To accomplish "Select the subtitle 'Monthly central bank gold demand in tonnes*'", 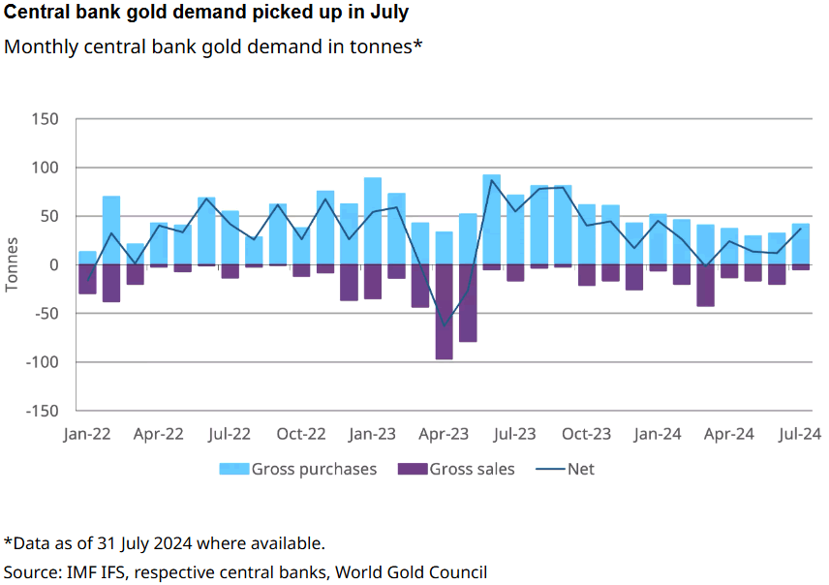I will click(214, 46).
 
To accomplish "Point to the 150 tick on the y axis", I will click(46, 119).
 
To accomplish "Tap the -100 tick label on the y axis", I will click(41, 362).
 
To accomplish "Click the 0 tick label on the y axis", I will click(54, 264).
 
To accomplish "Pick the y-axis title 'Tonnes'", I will click(12, 264).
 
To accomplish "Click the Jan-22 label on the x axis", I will click(87, 434).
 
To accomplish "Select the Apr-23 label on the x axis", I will click(444, 434).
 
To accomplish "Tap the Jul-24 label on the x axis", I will click(801, 434).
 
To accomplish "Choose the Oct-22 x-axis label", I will click(301, 434).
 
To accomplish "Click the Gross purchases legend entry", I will click(299, 469).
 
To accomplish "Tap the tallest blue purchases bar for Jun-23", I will click(492, 219).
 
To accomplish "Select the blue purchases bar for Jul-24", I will click(801, 244).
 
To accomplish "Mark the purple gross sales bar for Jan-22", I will click(87, 279).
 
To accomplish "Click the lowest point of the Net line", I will click(445, 326).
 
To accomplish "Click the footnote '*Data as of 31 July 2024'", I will click(165, 542).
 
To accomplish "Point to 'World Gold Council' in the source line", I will click(411, 571).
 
